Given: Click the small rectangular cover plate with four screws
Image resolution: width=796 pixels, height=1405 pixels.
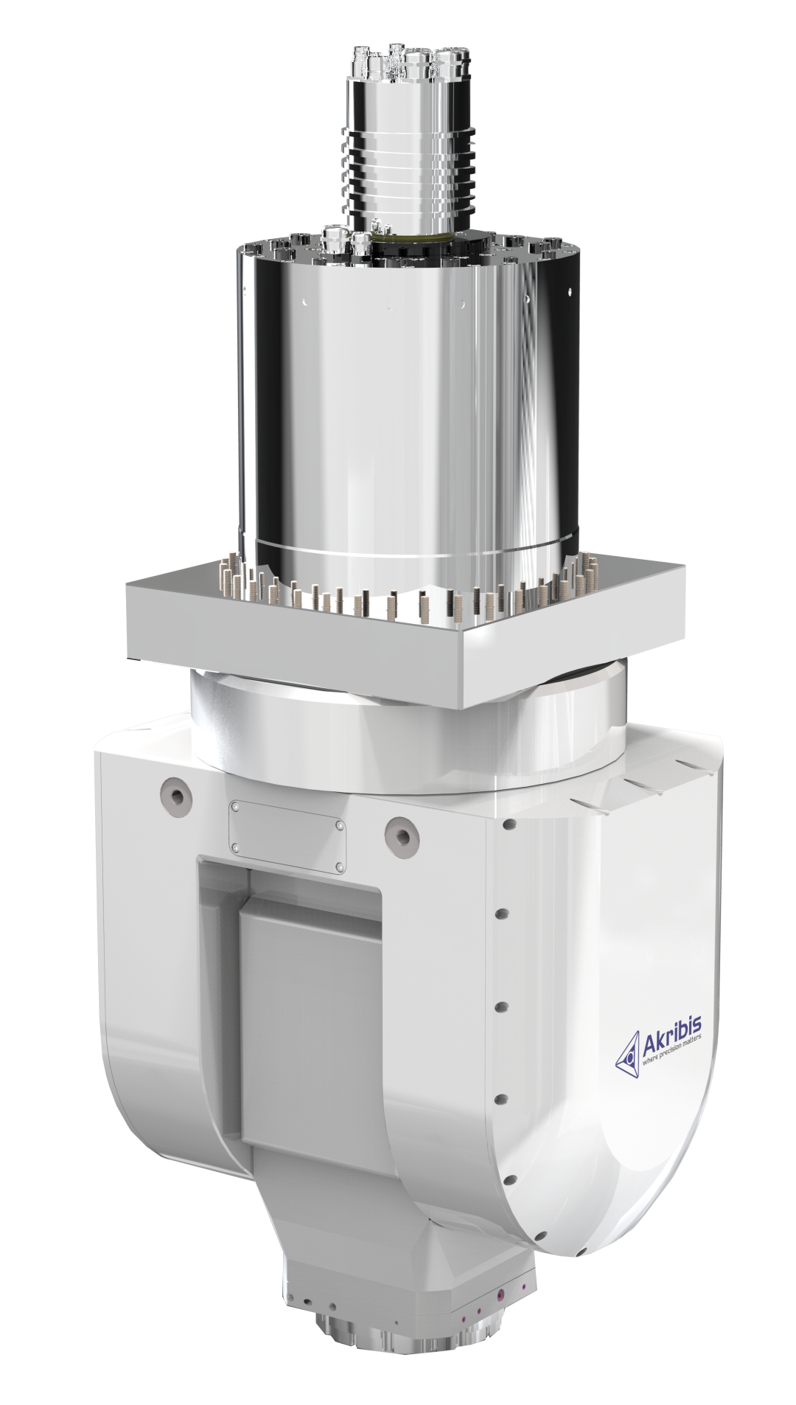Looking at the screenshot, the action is click(x=287, y=837).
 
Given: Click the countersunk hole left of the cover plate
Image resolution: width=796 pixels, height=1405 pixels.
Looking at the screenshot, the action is click(x=176, y=794).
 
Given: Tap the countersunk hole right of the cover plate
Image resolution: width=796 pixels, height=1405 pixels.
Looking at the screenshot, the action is click(x=402, y=832).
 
